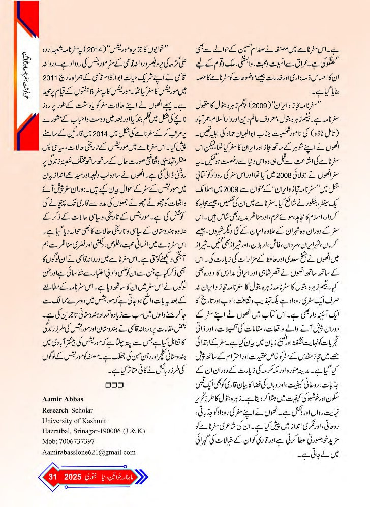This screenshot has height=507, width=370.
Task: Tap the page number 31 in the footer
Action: coord(52,478)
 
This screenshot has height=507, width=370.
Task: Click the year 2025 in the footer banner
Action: coord(72,478)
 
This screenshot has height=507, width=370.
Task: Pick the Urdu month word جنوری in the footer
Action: coord(91,478)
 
